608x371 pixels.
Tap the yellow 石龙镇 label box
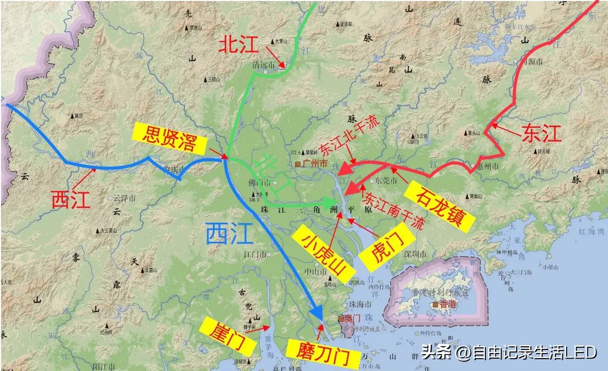[446, 206]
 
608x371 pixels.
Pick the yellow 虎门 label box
[387, 248]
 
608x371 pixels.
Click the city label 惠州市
[488, 166]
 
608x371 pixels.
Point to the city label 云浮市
[124, 198]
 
